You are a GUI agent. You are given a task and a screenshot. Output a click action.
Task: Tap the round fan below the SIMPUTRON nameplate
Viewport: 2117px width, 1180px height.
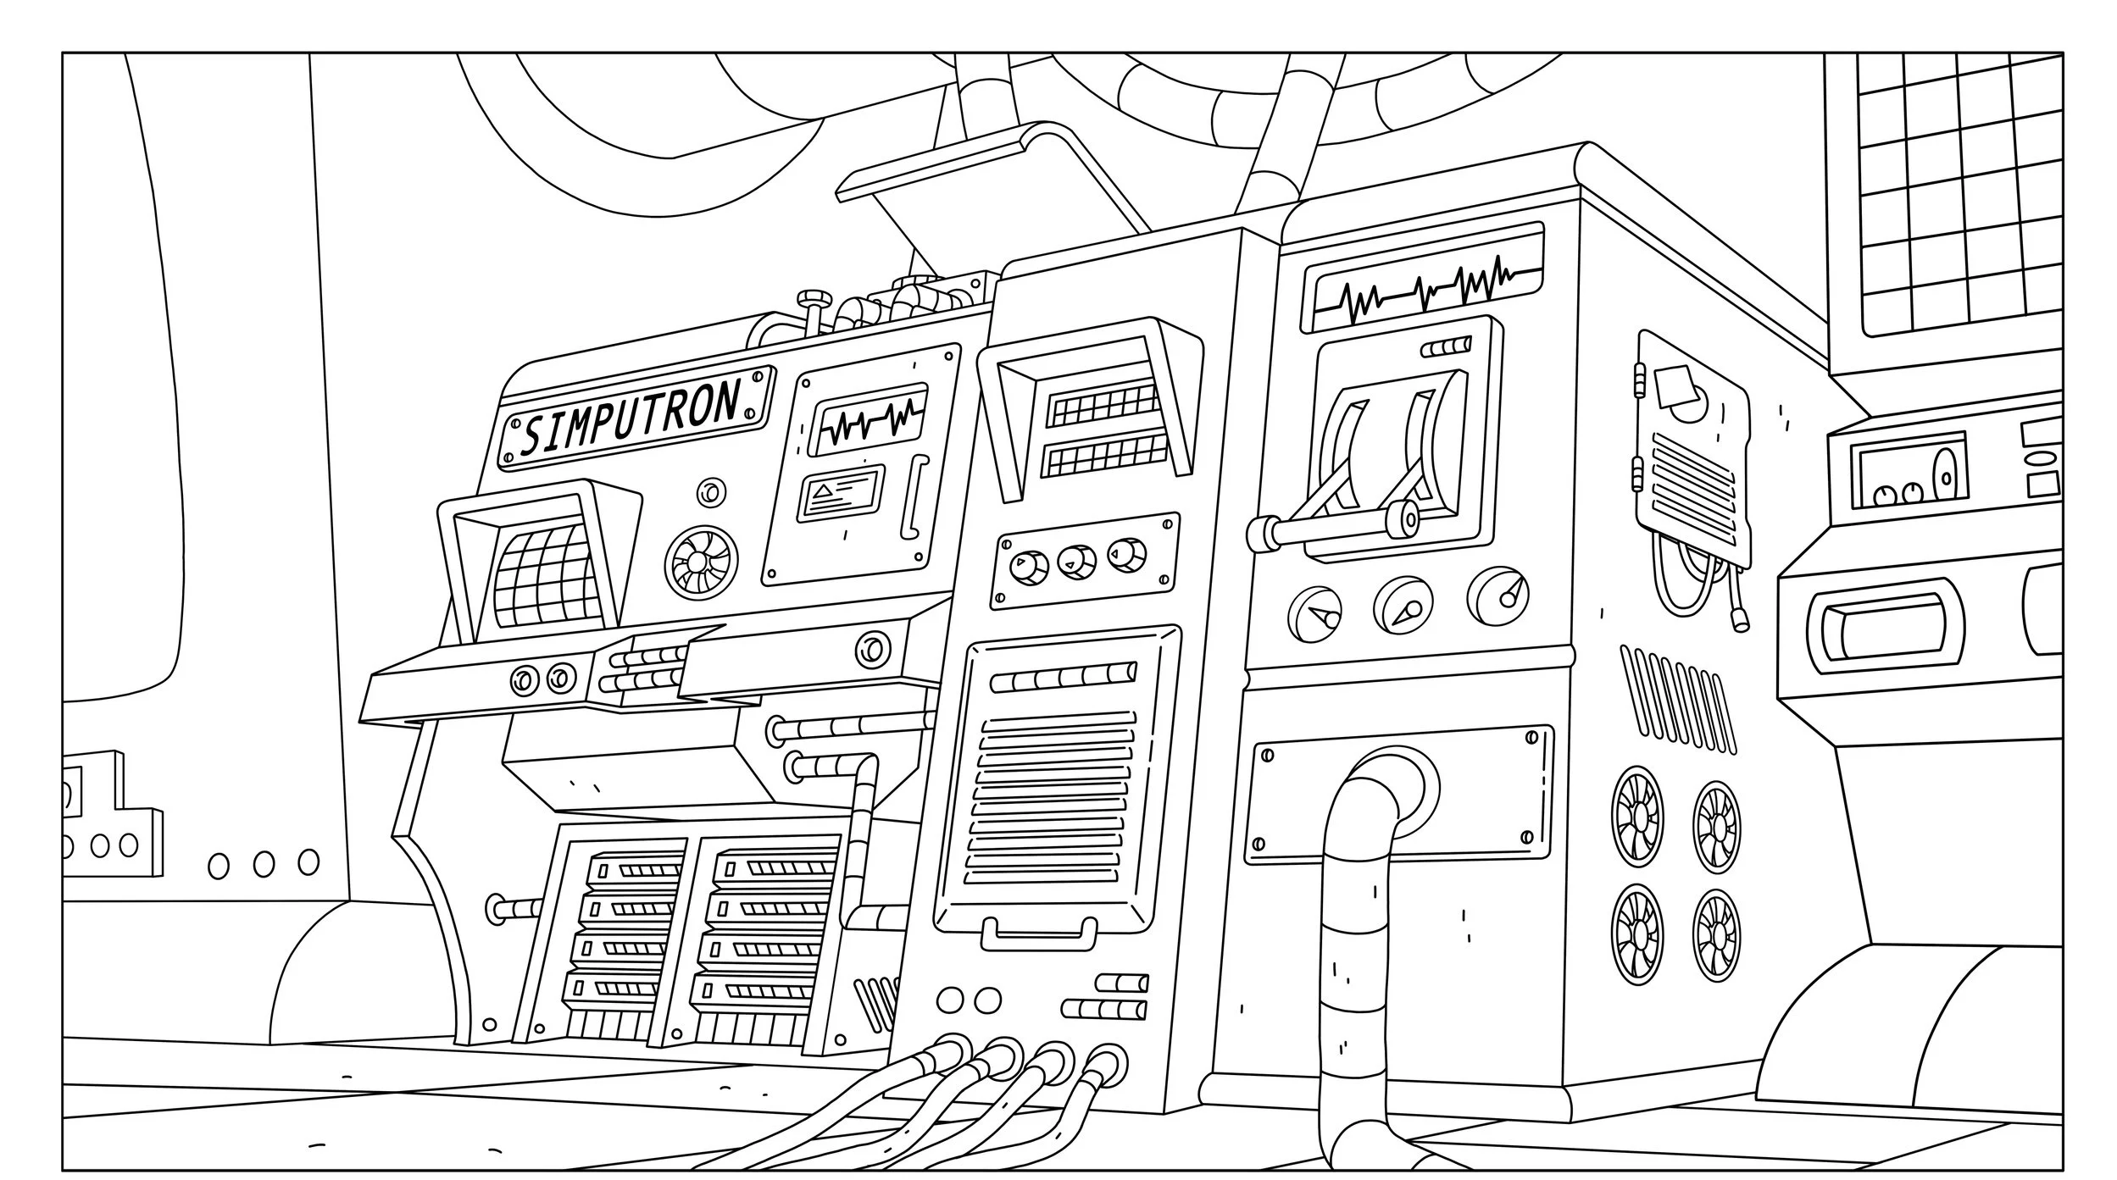coord(700,561)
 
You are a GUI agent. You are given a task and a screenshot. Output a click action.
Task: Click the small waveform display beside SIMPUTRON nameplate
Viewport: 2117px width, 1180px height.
coord(868,419)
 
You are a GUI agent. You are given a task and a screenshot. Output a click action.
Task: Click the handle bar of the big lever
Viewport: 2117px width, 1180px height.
coord(1331,529)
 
